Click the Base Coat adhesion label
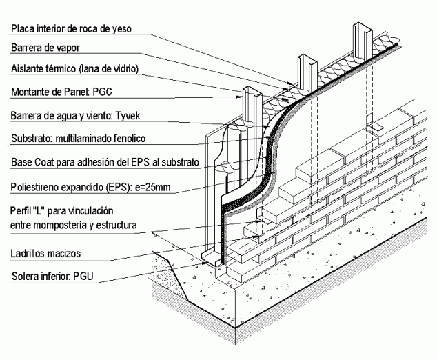105,162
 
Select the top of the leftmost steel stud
248,91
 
